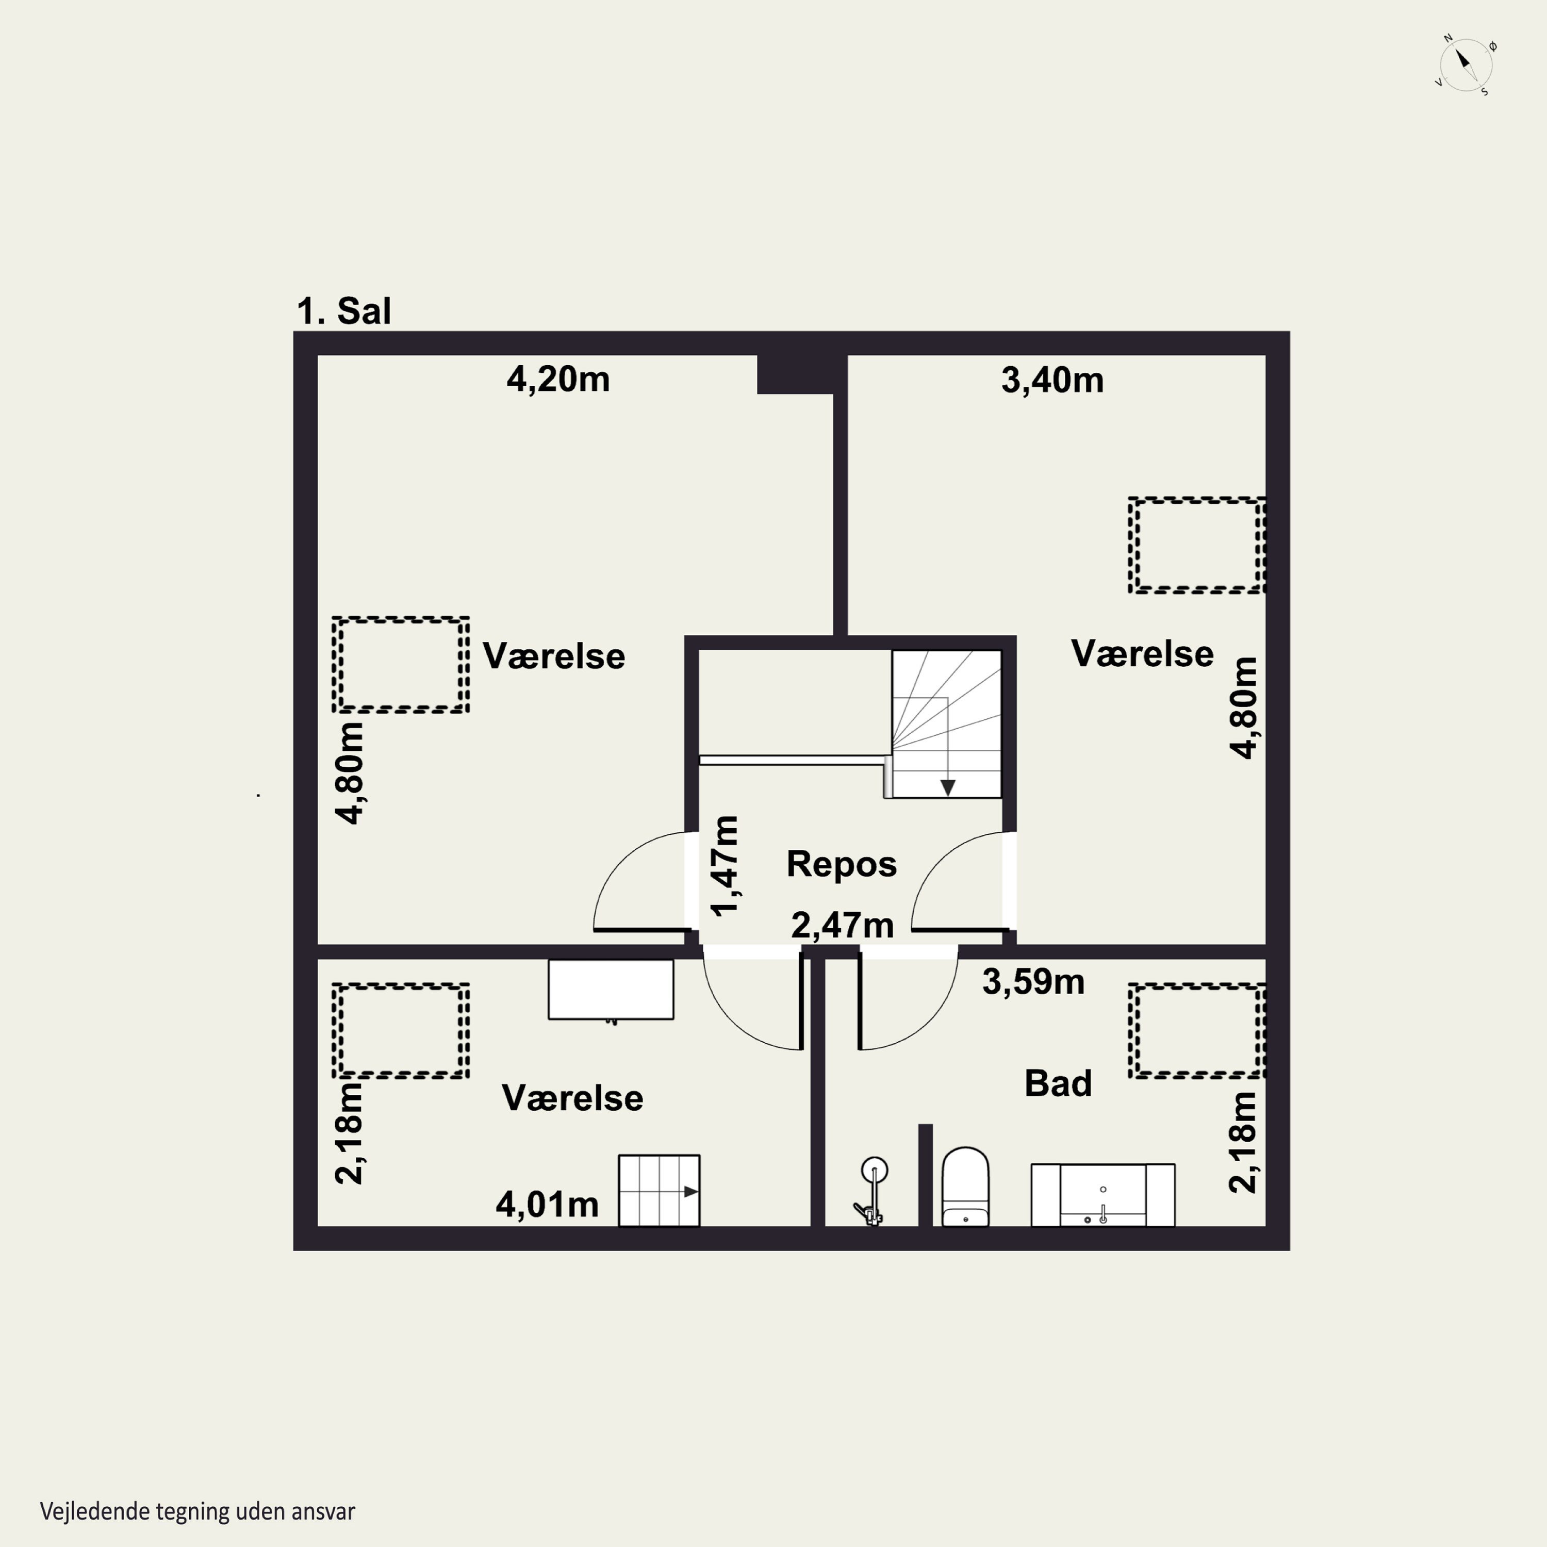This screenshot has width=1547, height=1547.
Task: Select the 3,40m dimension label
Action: coord(1052,381)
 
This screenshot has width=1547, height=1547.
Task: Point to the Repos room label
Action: coord(842,864)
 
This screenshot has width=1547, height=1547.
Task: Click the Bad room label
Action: coord(1058,1083)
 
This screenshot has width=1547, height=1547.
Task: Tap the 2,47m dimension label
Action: coord(843,926)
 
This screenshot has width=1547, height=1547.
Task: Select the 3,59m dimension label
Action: coord(1033,982)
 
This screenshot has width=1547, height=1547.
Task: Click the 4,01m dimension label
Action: coord(547,1204)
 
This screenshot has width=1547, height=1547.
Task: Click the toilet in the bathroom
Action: coord(966,1187)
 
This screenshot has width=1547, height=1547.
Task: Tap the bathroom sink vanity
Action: coord(1102,1195)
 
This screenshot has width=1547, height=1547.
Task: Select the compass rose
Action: coord(1466,65)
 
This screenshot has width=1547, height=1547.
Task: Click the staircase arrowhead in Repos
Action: coord(947,788)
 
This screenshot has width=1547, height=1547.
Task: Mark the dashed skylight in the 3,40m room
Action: coord(1197,545)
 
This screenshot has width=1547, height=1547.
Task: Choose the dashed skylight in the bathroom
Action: coord(1197,1030)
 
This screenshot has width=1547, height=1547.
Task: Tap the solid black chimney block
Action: coord(795,374)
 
